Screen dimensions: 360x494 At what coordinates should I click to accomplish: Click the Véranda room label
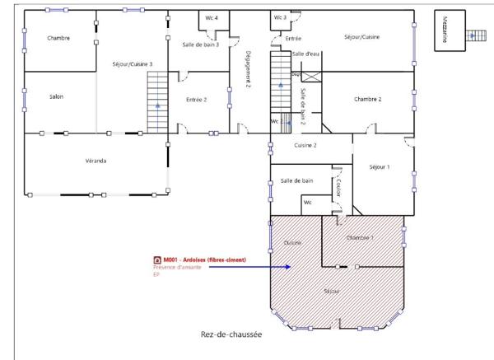(x=96, y=161)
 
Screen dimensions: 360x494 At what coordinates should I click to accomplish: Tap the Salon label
(x=56, y=97)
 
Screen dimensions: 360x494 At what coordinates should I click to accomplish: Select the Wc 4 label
(x=212, y=17)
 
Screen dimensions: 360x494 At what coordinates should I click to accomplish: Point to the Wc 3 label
(x=280, y=17)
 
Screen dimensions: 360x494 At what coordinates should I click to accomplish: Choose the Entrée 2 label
(x=196, y=100)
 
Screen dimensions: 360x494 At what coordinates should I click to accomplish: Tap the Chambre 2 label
(x=367, y=99)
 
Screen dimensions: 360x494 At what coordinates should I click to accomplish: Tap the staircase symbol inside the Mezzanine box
(x=475, y=35)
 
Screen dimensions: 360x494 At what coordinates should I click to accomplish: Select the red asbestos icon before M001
(x=157, y=259)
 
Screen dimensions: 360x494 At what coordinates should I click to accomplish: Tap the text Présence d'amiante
(x=175, y=267)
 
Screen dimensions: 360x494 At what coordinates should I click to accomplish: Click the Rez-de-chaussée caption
(x=231, y=334)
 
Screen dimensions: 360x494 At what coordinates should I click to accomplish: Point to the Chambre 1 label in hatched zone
(x=360, y=237)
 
